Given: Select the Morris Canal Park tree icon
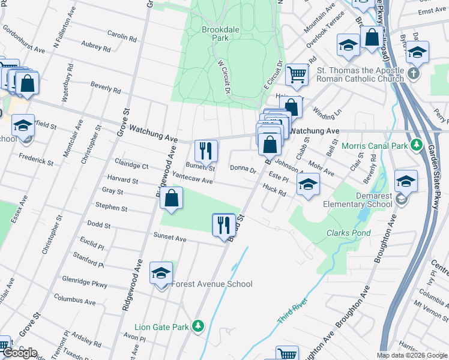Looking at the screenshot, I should pos(415,146).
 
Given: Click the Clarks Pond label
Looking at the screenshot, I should pos(348,233).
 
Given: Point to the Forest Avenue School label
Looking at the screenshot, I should pos(212,284).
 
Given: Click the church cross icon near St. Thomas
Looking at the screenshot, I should pos(413,74).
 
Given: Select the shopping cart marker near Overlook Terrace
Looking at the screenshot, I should pos(297,74).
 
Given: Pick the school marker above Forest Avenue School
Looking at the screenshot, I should pos(161,274).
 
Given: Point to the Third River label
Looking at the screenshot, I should pos(293,311).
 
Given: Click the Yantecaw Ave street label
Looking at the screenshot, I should pos(192,178).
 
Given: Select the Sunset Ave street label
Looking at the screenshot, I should pos(170,237).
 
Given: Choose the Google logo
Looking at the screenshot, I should pos(19,353).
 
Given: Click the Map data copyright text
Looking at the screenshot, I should pos(412,355).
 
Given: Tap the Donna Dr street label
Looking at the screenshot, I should pos(243,170).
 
